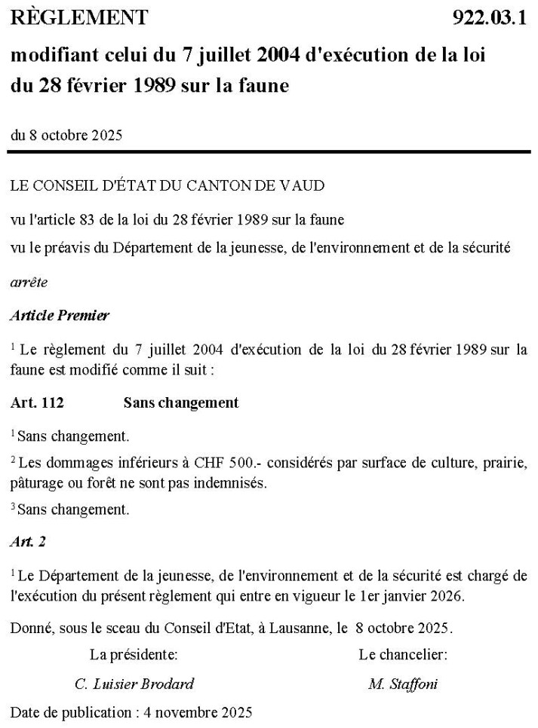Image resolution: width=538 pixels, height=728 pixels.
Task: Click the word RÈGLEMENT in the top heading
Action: (x=79, y=17)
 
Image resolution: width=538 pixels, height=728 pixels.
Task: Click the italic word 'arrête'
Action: (x=29, y=283)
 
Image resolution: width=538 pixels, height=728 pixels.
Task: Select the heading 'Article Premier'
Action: (x=60, y=316)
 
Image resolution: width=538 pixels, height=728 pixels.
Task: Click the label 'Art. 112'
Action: (x=37, y=402)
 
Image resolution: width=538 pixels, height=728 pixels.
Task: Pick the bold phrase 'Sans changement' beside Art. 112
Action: (x=180, y=402)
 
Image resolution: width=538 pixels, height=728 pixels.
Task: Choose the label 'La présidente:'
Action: (x=134, y=655)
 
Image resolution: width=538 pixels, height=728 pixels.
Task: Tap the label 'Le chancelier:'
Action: (x=403, y=655)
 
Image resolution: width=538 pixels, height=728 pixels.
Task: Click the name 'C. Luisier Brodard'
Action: (x=134, y=684)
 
